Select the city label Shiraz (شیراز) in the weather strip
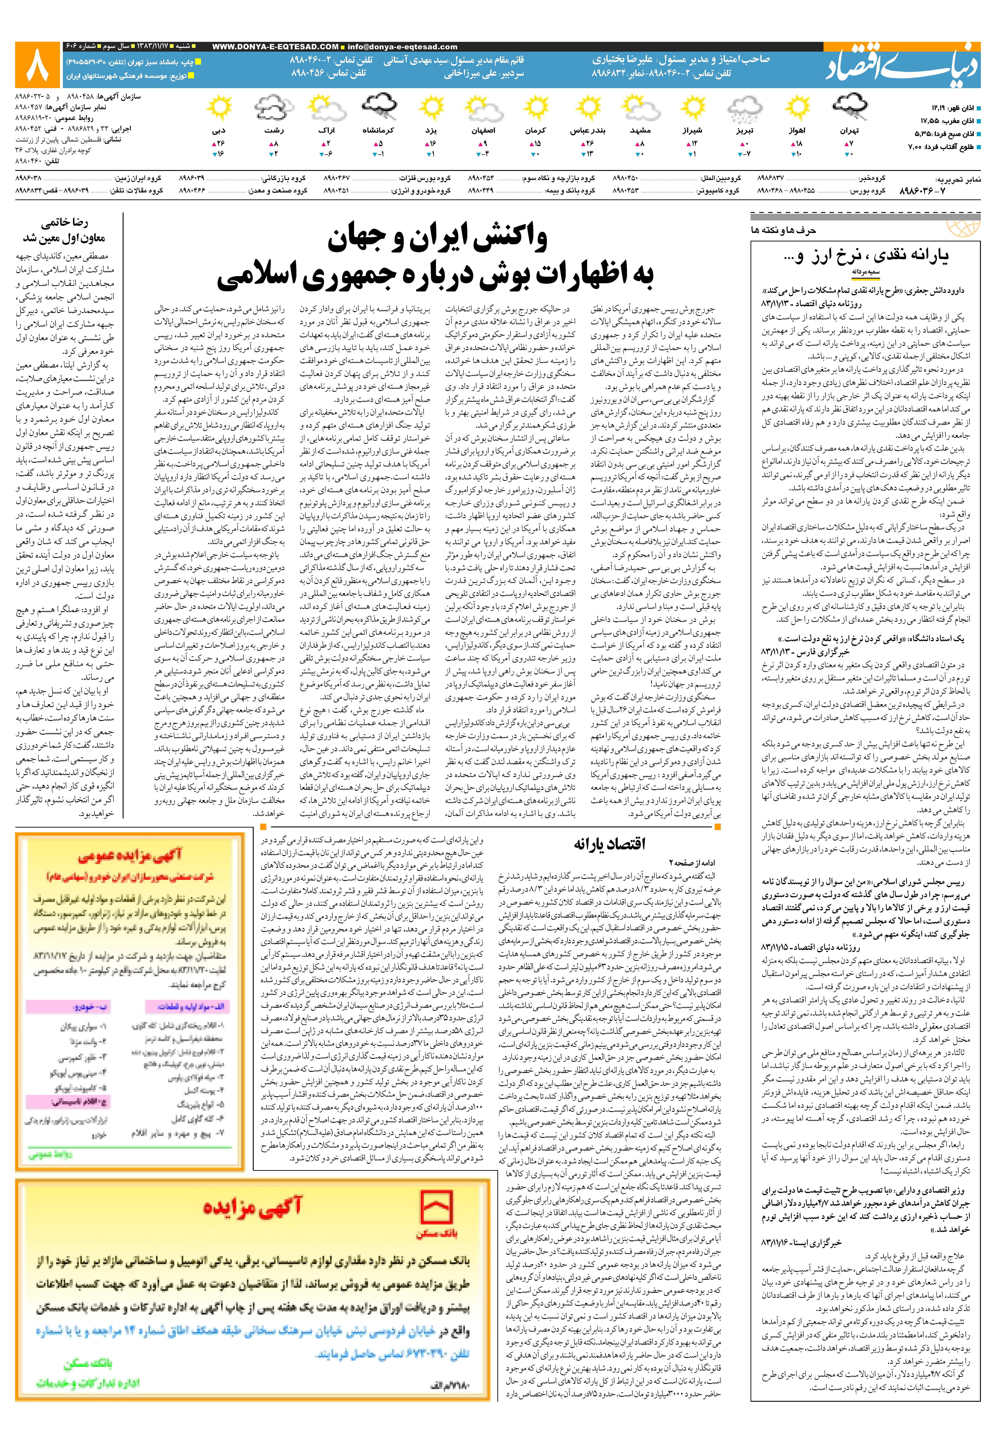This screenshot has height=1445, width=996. (693, 131)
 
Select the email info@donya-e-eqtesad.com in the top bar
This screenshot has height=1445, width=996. (402, 47)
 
